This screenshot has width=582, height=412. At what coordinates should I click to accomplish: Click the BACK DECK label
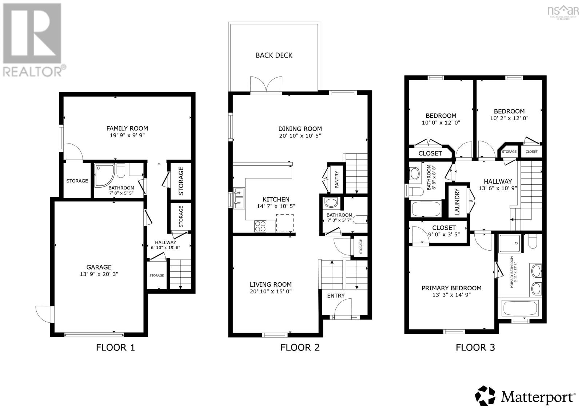pos(274,55)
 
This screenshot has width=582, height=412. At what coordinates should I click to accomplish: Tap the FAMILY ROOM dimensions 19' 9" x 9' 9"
pos(127,136)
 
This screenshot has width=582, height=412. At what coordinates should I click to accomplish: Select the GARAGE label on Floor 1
pos(99,267)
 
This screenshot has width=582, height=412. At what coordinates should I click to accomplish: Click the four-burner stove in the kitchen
pos(260,226)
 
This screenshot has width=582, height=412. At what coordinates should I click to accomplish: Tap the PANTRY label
pos(337,179)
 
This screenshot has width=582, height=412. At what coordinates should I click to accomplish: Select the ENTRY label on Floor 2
pos(336,295)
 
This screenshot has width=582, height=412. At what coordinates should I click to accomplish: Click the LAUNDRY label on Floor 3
pos(457,201)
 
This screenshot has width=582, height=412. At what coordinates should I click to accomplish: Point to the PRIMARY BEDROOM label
pos(451,288)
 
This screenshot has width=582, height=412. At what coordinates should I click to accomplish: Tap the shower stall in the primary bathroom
pos(509,243)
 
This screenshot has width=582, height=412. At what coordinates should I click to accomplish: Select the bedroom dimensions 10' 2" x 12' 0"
pos(509,118)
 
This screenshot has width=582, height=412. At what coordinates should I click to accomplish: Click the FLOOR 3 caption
pos(475,348)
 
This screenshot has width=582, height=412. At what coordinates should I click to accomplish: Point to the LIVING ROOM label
pos(270,285)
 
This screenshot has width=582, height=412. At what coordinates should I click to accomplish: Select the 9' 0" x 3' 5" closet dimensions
pos(444,235)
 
